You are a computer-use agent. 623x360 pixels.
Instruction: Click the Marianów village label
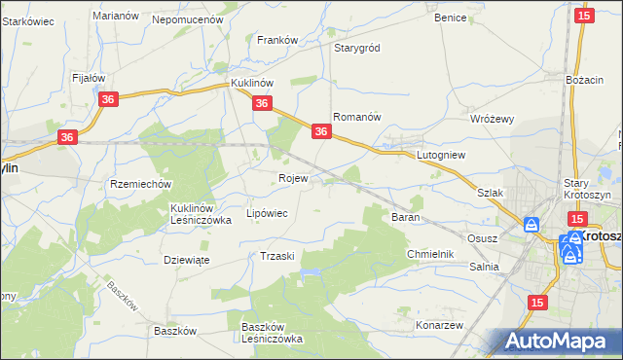click(113, 16)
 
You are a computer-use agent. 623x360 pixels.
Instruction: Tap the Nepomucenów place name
click(188, 18)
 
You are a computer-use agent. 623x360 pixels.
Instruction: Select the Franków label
click(276, 40)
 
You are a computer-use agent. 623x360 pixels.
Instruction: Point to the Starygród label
click(356, 48)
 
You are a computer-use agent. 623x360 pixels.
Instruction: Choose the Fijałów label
click(89, 77)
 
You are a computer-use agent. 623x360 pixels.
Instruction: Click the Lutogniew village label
click(443, 155)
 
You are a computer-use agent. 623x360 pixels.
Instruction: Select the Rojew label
click(293, 179)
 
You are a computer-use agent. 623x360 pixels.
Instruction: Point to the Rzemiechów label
click(141, 184)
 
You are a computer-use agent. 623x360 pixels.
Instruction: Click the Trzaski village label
click(277, 256)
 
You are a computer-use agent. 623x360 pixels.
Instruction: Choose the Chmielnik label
click(430, 254)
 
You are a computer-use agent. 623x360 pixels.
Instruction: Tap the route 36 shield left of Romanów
click(321, 130)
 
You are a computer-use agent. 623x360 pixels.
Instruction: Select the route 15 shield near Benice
click(584, 16)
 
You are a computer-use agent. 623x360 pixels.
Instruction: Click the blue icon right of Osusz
click(531, 225)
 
